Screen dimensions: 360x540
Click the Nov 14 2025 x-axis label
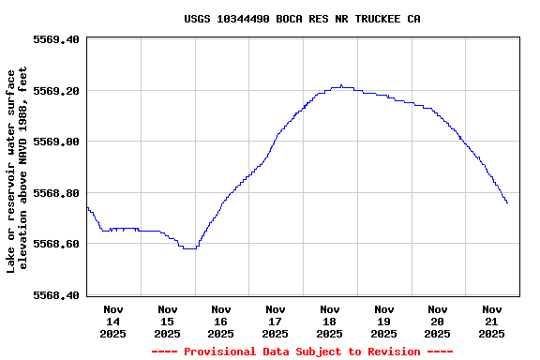tap(113, 321)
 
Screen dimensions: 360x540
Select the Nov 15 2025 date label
tap(168, 321)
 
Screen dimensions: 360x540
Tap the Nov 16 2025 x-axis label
tap(221, 321)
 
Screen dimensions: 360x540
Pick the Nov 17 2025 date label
tap(276, 321)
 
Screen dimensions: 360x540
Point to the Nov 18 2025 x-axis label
tap(330, 321)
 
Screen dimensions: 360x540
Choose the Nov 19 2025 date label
tap(383, 321)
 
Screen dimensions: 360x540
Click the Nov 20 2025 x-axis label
tap(438, 321)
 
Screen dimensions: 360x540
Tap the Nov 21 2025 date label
tap(492, 321)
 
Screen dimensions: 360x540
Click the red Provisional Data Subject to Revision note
tap(302, 352)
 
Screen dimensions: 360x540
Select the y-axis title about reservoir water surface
tap(18, 170)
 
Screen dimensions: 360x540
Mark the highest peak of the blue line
tap(341, 85)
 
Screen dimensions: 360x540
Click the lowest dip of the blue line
tap(189, 248)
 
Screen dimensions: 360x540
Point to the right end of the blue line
tap(507, 202)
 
